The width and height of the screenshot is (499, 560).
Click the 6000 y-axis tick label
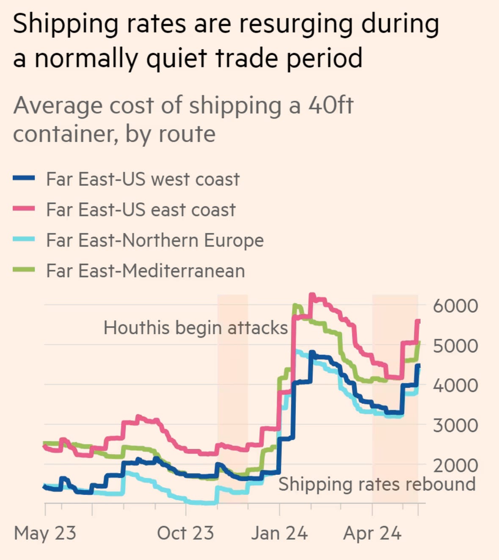click(455, 306)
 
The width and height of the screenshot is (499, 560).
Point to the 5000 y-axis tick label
click(455, 346)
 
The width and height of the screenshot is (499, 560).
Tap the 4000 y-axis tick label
click(455, 385)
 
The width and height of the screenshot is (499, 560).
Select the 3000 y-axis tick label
click(455, 425)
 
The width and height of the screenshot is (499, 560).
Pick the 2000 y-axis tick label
click(455, 465)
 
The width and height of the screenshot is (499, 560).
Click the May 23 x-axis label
click(45, 533)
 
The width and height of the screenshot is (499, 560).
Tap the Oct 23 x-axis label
click(185, 533)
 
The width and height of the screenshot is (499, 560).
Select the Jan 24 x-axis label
click(279, 533)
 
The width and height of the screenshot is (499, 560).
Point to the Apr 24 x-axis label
click(372, 533)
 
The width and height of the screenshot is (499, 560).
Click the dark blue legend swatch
click(24, 179)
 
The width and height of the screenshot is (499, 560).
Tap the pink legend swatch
click(24, 209)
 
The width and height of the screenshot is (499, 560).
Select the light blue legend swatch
click(24, 240)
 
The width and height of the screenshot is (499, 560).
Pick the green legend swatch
click(24, 270)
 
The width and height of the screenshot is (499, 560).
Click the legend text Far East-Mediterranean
click(146, 270)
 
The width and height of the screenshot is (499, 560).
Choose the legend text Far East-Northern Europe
click(155, 240)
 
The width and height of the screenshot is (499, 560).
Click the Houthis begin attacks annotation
click(196, 328)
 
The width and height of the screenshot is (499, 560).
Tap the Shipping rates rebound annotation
click(377, 484)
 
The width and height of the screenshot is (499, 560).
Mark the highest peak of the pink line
click(312, 295)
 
